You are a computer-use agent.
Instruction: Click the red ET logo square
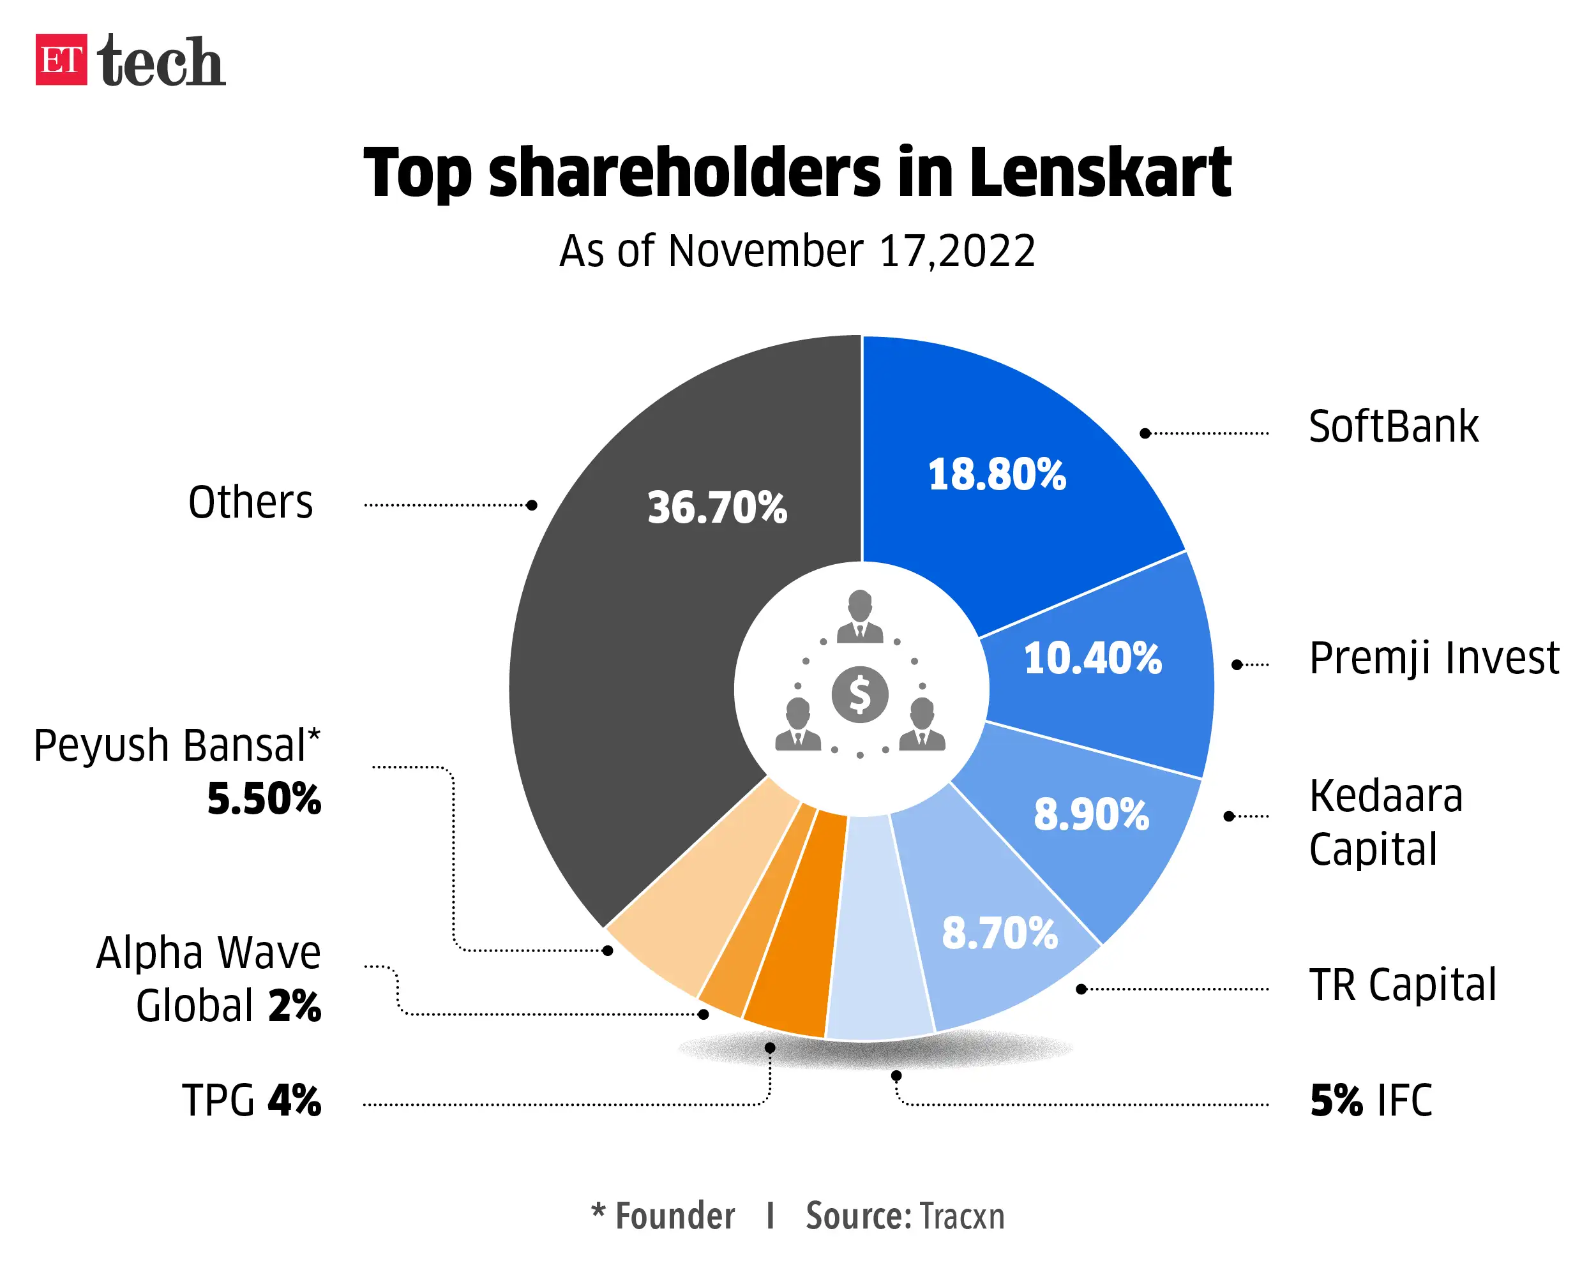coord(61,59)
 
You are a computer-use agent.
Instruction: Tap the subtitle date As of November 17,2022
coord(797,251)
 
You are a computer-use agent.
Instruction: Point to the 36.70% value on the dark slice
coord(716,508)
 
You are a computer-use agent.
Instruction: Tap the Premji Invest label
coord(1433,658)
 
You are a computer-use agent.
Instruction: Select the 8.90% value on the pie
coord(1090,814)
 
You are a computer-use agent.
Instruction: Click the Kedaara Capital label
coord(1384,821)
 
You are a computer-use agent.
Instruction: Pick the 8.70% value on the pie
coord(998,932)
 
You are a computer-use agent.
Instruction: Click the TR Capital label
coord(1402,985)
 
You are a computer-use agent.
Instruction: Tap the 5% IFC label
coord(1370,1100)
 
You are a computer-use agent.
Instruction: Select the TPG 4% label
coord(251,1100)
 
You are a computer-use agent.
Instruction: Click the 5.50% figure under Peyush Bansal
coord(264,798)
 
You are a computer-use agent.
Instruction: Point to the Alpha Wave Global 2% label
coord(209,978)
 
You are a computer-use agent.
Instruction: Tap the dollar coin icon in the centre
coord(859,694)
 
